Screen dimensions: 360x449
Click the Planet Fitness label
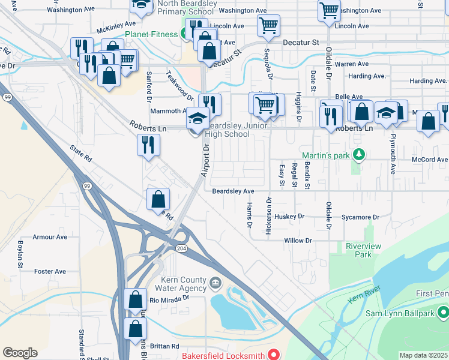[151, 34]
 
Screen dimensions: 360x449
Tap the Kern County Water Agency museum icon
[215, 282]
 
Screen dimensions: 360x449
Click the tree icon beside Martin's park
[359, 155]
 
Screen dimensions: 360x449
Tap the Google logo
[20, 353]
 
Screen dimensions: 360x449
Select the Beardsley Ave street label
[233, 191]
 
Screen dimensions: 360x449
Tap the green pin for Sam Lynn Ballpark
[442, 312]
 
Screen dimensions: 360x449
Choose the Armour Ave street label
[50, 237]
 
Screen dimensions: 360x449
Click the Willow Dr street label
[298, 240]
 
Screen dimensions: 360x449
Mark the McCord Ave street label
[430, 160]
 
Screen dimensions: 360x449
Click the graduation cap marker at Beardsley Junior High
[197, 118]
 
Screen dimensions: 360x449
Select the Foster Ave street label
[50, 271]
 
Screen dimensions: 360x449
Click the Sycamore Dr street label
[360, 217]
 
